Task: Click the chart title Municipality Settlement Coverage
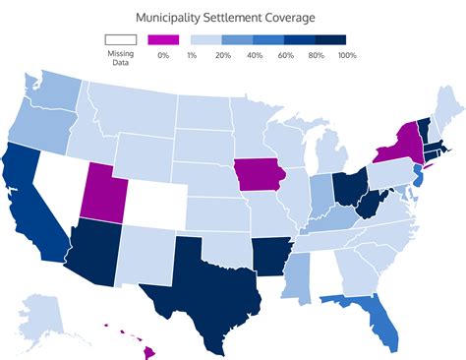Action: click(x=232, y=18)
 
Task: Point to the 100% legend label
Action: click(x=347, y=55)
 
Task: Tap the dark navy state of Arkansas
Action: click(x=270, y=254)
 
